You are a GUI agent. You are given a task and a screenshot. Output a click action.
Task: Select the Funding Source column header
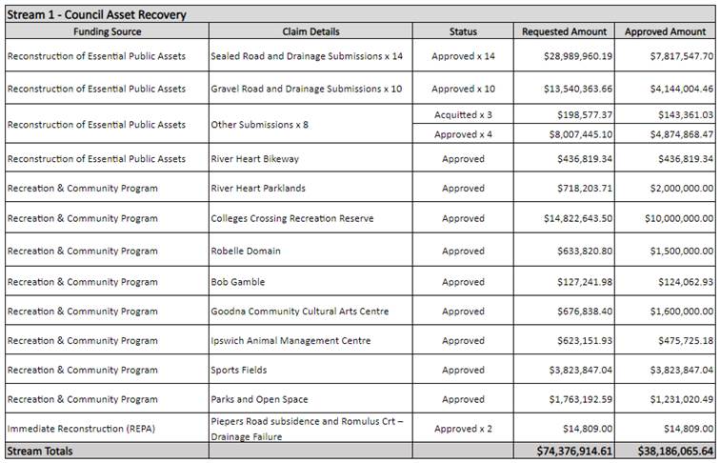pos(107,31)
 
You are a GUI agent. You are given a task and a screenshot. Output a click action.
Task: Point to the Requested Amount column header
pos(564,31)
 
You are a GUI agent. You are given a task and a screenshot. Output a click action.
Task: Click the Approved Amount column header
pos(665,31)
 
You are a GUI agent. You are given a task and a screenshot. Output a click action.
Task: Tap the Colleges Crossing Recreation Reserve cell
pos(292,218)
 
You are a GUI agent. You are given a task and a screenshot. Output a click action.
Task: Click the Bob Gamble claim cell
pos(238,282)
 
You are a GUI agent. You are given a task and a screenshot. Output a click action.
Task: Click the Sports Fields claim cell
pos(239,370)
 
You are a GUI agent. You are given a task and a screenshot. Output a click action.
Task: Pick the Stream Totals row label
pos(40,451)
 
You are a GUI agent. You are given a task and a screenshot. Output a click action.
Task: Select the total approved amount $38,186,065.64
pos(666,451)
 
